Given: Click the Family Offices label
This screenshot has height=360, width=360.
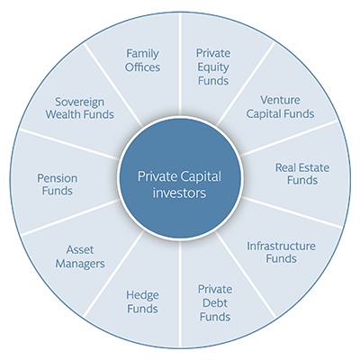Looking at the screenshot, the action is pos(142,60).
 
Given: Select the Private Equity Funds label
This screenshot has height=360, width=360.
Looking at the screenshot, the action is pos(213,67).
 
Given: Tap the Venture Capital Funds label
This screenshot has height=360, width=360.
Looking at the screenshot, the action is pos(280,107).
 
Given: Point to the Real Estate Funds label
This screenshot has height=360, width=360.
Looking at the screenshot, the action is pos(302,174).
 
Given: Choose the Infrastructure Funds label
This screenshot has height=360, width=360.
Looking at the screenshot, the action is pos(281,252).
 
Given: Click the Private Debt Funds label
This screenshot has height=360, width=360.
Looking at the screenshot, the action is pos(215,303).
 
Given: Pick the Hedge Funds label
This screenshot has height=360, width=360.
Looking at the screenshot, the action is pos(142,301).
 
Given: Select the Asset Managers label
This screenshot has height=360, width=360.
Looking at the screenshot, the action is pos(80,256).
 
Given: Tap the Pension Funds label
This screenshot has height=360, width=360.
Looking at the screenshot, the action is pos(58,184).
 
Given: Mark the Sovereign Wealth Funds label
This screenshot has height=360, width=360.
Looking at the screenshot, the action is pos(80,108).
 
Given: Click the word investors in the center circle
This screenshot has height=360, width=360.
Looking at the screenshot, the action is pos(179,193).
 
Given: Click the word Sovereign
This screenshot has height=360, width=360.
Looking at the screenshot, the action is pos(80,103).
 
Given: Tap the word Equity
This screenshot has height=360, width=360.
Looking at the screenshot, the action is pos(213,67).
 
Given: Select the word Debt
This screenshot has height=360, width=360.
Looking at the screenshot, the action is pos(215,303).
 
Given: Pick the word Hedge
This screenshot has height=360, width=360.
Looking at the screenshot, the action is pos(142,295).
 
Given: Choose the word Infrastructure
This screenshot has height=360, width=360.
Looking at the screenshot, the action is pos(281,247).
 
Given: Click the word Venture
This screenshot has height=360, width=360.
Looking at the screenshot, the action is pos(280,101).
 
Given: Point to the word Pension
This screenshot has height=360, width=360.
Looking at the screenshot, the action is pos(58,178).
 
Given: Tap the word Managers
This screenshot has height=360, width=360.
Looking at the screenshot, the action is pos(80,264).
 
